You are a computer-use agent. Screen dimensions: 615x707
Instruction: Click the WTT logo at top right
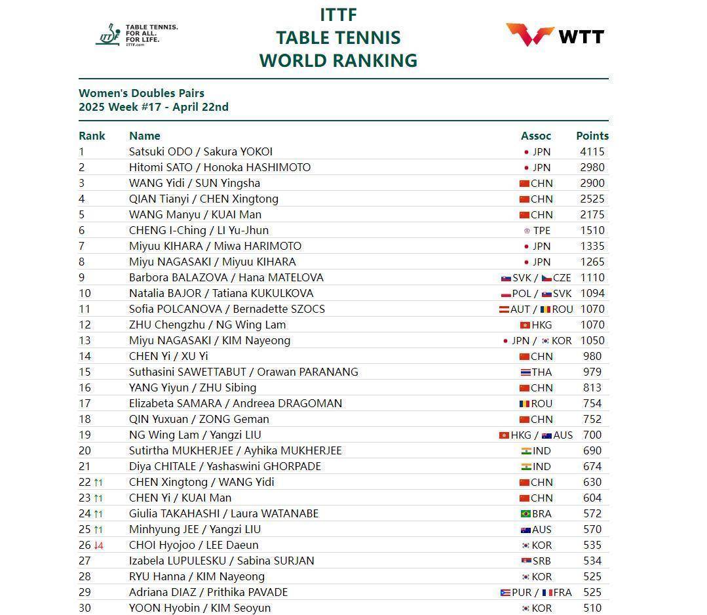click(x=554, y=35)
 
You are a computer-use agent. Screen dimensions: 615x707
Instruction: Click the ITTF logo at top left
click(x=136, y=35)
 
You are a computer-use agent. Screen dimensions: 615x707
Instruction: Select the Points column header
click(x=592, y=136)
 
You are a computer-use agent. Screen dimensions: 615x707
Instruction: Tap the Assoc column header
click(x=535, y=136)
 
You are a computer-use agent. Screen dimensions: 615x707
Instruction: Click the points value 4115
click(x=592, y=151)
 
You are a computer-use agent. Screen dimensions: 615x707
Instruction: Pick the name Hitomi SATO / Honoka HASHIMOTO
click(x=220, y=167)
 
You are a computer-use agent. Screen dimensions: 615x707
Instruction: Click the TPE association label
click(x=541, y=230)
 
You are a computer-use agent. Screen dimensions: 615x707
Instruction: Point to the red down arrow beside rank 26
click(x=98, y=545)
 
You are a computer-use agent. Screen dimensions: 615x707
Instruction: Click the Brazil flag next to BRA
click(x=525, y=514)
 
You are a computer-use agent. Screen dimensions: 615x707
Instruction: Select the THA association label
click(x=541, y=372)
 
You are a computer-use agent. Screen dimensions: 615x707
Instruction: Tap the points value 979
click(x=592, y=372)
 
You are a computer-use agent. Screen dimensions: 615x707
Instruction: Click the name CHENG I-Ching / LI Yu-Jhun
click(x=199, y=230)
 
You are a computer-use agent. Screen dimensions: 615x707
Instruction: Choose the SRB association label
click(x=541, y=561)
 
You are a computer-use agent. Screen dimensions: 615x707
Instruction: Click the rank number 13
click(x=85, y=340)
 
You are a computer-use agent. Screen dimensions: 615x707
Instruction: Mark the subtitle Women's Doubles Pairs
click(x=142, y=93)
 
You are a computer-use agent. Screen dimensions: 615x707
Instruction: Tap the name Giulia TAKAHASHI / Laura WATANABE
click(x=223, y=513)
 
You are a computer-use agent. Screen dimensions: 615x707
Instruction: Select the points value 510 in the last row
click(x=592, y=608)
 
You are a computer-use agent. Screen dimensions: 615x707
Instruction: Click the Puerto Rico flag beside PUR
click(x=505, y=593)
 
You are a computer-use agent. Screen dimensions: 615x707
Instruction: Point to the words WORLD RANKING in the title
click(x=338, y=60)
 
